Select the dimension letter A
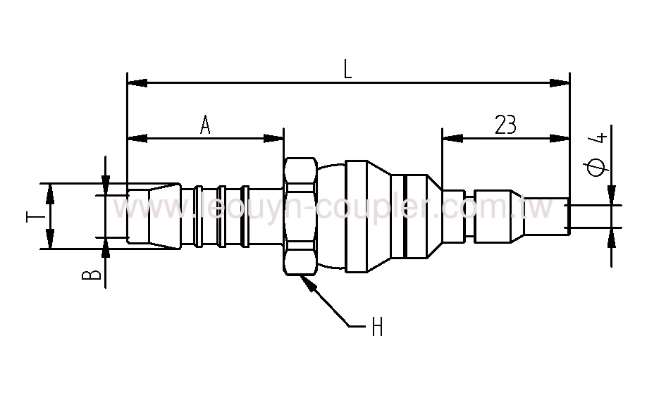[206, 125]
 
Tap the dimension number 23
[505, 125]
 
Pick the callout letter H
[377, 327]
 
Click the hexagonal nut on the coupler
[300, 216]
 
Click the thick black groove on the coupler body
[405, 216]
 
